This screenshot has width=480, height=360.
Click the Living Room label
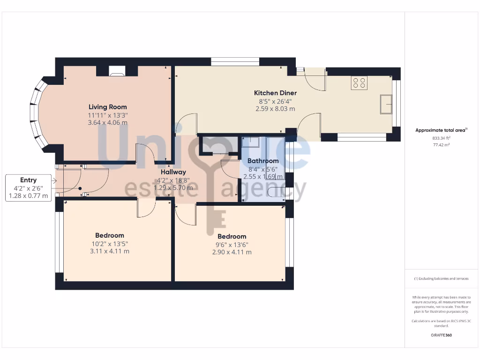tap(107, 107)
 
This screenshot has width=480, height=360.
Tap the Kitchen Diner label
tap(275, 93)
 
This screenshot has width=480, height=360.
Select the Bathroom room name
tap(263, 161)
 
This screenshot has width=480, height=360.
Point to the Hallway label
tap(173, 172)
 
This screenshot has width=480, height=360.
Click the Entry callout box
tap(28, 188)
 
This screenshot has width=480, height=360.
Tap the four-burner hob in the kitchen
tap(360, 83)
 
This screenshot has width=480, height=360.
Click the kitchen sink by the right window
tap(386, 104)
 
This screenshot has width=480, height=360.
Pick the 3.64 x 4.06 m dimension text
tap(107, 123)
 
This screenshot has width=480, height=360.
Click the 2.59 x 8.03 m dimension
tap(275, 109)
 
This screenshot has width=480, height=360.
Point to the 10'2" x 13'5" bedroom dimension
tap(109, 243)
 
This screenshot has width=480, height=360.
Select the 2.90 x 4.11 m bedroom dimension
tap(232, 252)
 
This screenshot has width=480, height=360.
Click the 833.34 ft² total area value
tap(442, 138)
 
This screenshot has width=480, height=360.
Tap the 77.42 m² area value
tap(442, 145)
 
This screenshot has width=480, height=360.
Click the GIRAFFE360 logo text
tap(442, 335)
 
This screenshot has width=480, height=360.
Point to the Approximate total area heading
tap(441, 130)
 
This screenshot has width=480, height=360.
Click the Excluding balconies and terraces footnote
tap(441, 278)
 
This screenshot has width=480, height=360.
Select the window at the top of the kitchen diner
tap(235, 61)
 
